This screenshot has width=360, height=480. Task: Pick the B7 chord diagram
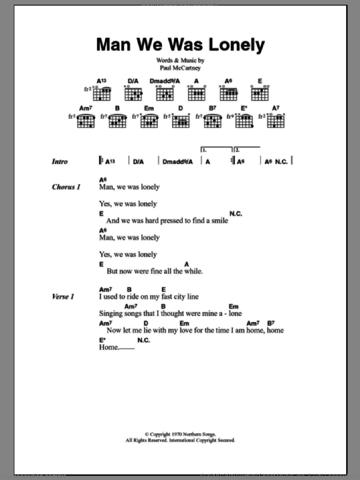coord(212,121)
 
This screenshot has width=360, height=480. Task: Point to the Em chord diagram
coord(150,121)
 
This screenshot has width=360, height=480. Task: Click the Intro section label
coord(60,162)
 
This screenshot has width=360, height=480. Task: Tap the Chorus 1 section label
coord(66,187)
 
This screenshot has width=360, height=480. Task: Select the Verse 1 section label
coord(63,297)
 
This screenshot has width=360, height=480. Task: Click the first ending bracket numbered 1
coord(215,151)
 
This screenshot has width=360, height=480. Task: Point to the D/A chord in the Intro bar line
coord(138,162)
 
